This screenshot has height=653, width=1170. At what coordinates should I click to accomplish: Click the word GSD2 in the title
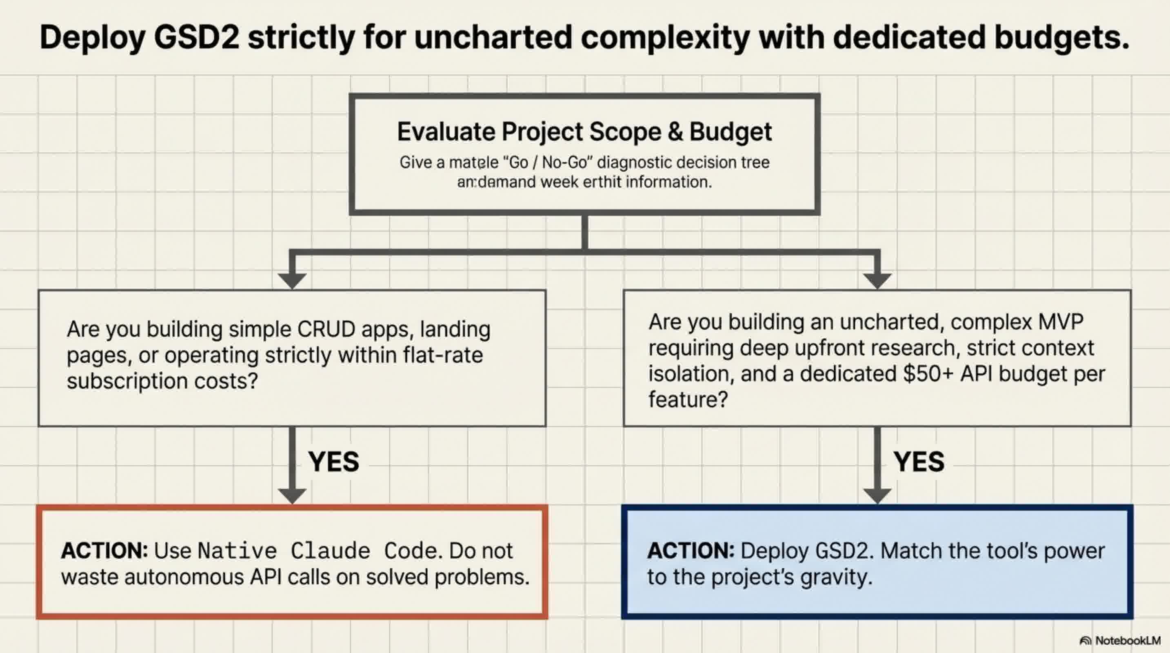(x=196, y=37)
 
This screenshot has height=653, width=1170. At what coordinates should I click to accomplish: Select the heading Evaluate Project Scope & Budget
(x=584, y=132)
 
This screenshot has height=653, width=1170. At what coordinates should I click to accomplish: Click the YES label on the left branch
(x=333, y=462)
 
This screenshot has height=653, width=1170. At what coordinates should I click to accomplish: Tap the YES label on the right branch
(x=919, y=462)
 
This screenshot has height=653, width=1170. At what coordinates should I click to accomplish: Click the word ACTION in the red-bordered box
(x=104, y=551)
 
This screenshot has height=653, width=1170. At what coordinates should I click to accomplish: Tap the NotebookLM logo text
(x=1127, y=640)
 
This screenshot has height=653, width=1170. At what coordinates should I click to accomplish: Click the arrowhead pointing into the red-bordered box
(x=292, y=495)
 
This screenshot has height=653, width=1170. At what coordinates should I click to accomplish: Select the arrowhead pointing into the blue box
(x=877, y=495)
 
